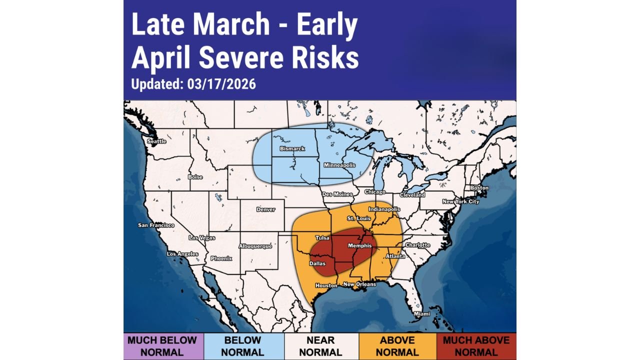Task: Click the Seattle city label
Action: (x=156, y=141)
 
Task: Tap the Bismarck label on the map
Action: (x=292, y=149)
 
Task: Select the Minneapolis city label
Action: (x=339, y=165)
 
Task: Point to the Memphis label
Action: (x=360, y=246)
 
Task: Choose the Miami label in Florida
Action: (x=421, y=314)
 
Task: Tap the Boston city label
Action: (x=479, y=188)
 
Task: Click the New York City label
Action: (x=460, y=201)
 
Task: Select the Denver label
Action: (x=265, y=209)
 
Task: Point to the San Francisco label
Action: (x=156, y=225)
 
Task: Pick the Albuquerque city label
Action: (x=255, y=246)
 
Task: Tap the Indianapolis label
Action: (x=384, y=209)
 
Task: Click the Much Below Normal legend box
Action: (x=163, y=346)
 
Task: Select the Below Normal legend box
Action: (x=243, y=346)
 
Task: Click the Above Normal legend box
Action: (x=397, y=346)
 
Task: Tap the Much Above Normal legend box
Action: (x=476, y=346)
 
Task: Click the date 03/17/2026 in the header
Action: (x=221, y=84)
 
